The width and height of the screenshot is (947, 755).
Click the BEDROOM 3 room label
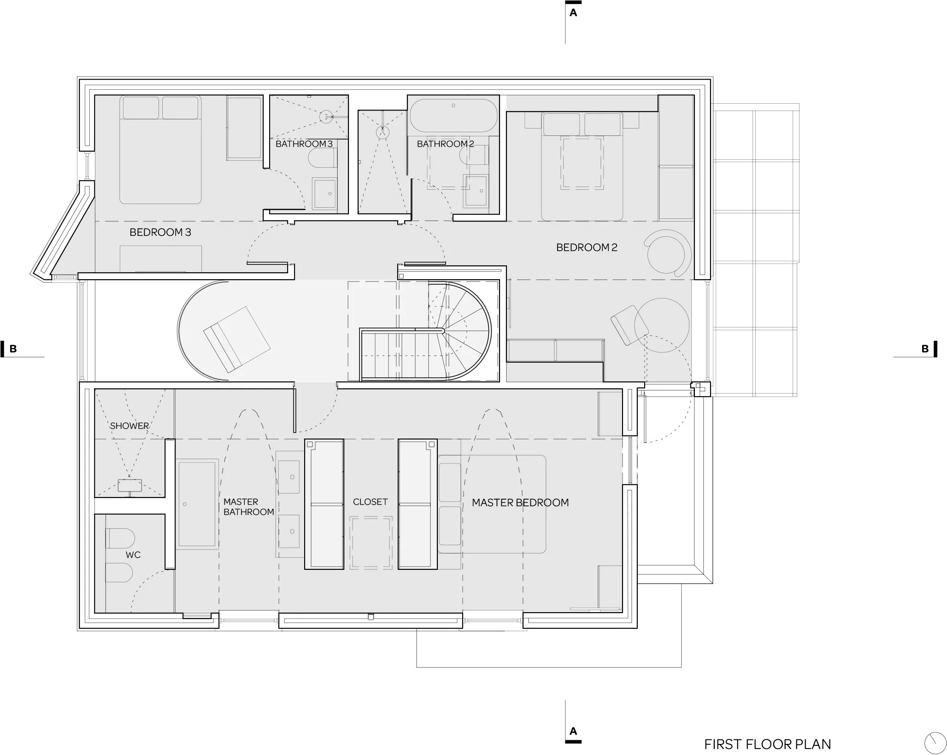click(160, 232)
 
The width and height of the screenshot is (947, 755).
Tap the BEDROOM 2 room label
click(587, 247)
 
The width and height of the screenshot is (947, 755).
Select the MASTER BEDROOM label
click(520, 503)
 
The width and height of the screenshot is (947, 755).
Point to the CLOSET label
click(371, 502)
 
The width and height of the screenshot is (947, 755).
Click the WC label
click(133, 555)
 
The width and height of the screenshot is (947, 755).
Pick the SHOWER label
click(129, 426)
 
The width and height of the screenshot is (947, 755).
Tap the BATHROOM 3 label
click(304, 144)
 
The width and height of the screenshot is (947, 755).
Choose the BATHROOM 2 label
click(446, 144)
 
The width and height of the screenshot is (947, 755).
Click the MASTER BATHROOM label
click(249, 507)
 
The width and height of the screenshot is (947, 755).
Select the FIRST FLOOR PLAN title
click(768, 732)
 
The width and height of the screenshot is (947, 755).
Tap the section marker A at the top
click(573, 12)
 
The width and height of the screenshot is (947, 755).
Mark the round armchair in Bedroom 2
click(669, 253)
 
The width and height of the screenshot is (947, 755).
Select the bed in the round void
click(237, 339)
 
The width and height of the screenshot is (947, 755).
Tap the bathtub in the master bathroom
click(197, 504)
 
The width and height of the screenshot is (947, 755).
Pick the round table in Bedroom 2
click(662, 325)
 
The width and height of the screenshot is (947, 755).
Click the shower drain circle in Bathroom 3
click(326, 116)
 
